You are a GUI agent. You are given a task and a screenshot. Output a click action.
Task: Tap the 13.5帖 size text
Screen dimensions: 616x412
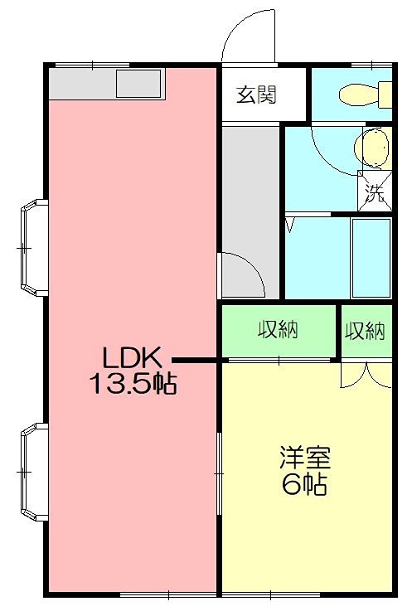coord(133,384)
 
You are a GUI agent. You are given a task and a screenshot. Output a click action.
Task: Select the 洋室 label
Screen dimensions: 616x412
coord(305,457)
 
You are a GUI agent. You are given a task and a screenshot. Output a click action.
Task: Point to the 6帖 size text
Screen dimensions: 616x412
coord(304,484)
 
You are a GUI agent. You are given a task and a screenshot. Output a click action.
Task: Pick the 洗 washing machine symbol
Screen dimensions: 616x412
coord(375,195)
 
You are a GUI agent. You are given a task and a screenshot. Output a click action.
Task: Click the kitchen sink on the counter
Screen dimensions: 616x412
coord(138,84)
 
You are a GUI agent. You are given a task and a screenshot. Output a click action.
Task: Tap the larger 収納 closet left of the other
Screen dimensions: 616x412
coord(278,331)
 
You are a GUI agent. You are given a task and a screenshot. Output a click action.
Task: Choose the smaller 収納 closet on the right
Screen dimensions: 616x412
coord(365,332)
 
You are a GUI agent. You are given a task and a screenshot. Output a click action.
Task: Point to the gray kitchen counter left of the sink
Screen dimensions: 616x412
coord(80,84)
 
